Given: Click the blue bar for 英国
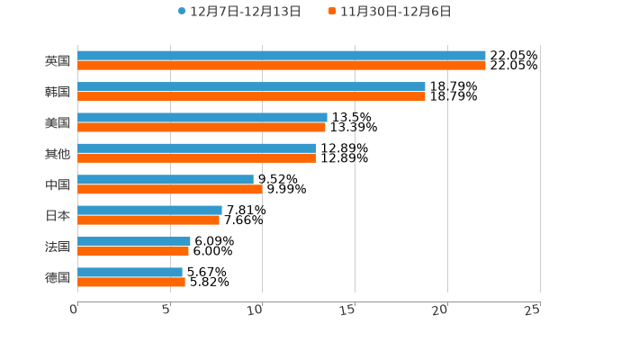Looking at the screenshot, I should pyautogui.click(x=281, y=56).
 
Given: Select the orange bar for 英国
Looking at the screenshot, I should pyautogui.click(x=281, y=66).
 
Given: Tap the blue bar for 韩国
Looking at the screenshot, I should pyautogui.click(x=251, y=86).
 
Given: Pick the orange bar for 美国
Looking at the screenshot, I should pyautogui.click(x=202, y=127).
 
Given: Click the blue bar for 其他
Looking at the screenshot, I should pyautogui.click(x=197, y=148).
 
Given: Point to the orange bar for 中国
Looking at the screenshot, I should pyautogui.click(x=170, y=189).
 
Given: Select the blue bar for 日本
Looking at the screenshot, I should pyautogui.click(x=149, y=211).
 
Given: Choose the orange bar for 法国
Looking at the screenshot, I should pyautogui.click(x=133, y=251).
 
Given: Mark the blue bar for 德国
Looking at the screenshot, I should pyautogui.click(x=130, y=273).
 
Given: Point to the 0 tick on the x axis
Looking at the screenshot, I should pyautogui.click(x=75, y=310).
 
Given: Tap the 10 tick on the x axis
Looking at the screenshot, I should pyautogui.click(x=256, y=310).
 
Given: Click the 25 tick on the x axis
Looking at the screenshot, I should pyautogui.click(x=533, y=310).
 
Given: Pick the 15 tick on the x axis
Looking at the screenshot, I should pyautogui.click(x=349, y=310).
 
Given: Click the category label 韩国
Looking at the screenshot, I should pyautogui.click(x=58, y=92).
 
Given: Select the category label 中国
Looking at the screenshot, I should pyautogui.click(x=58, y=184).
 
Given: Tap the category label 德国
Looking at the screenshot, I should pyautogui.click(x=58, y=277).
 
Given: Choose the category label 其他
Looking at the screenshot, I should pyautogui.click(x=58, y=154).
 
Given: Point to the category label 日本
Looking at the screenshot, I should pyautogui.click(x=58, y=216).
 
